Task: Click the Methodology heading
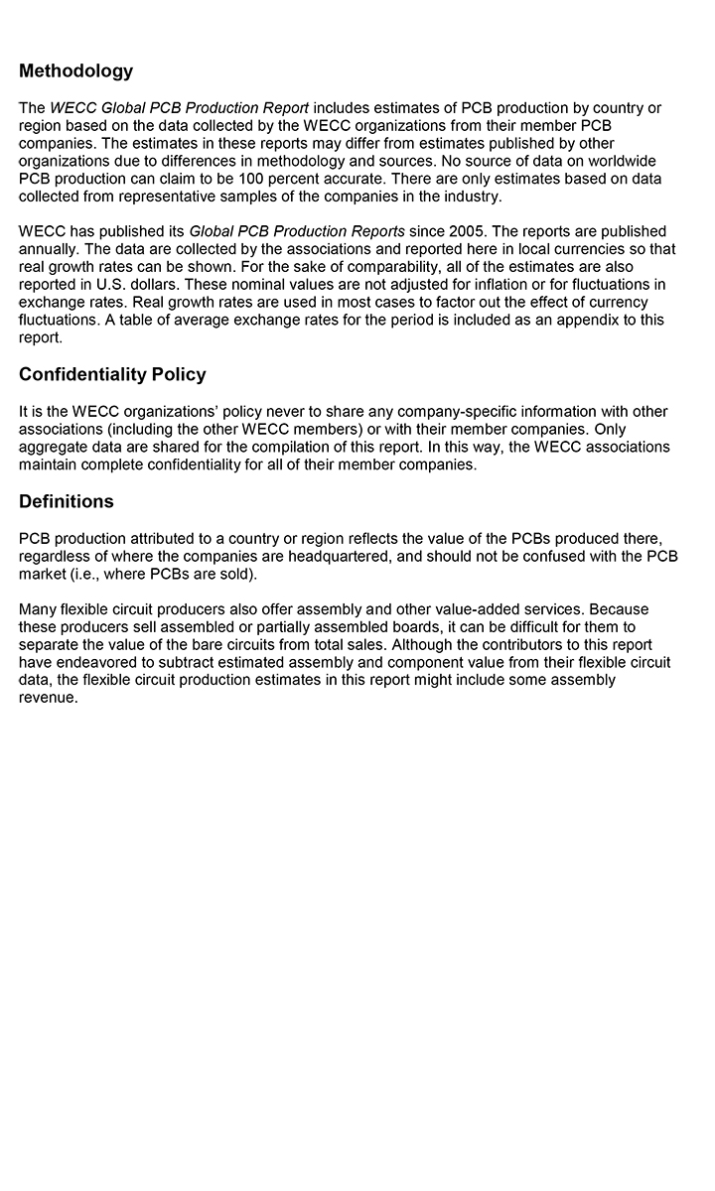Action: [x=75, y=71]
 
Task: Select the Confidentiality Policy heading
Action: [x=112, y=374]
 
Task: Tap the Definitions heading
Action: [x=66, y=501]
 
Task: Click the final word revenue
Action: [x=48, y=698]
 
